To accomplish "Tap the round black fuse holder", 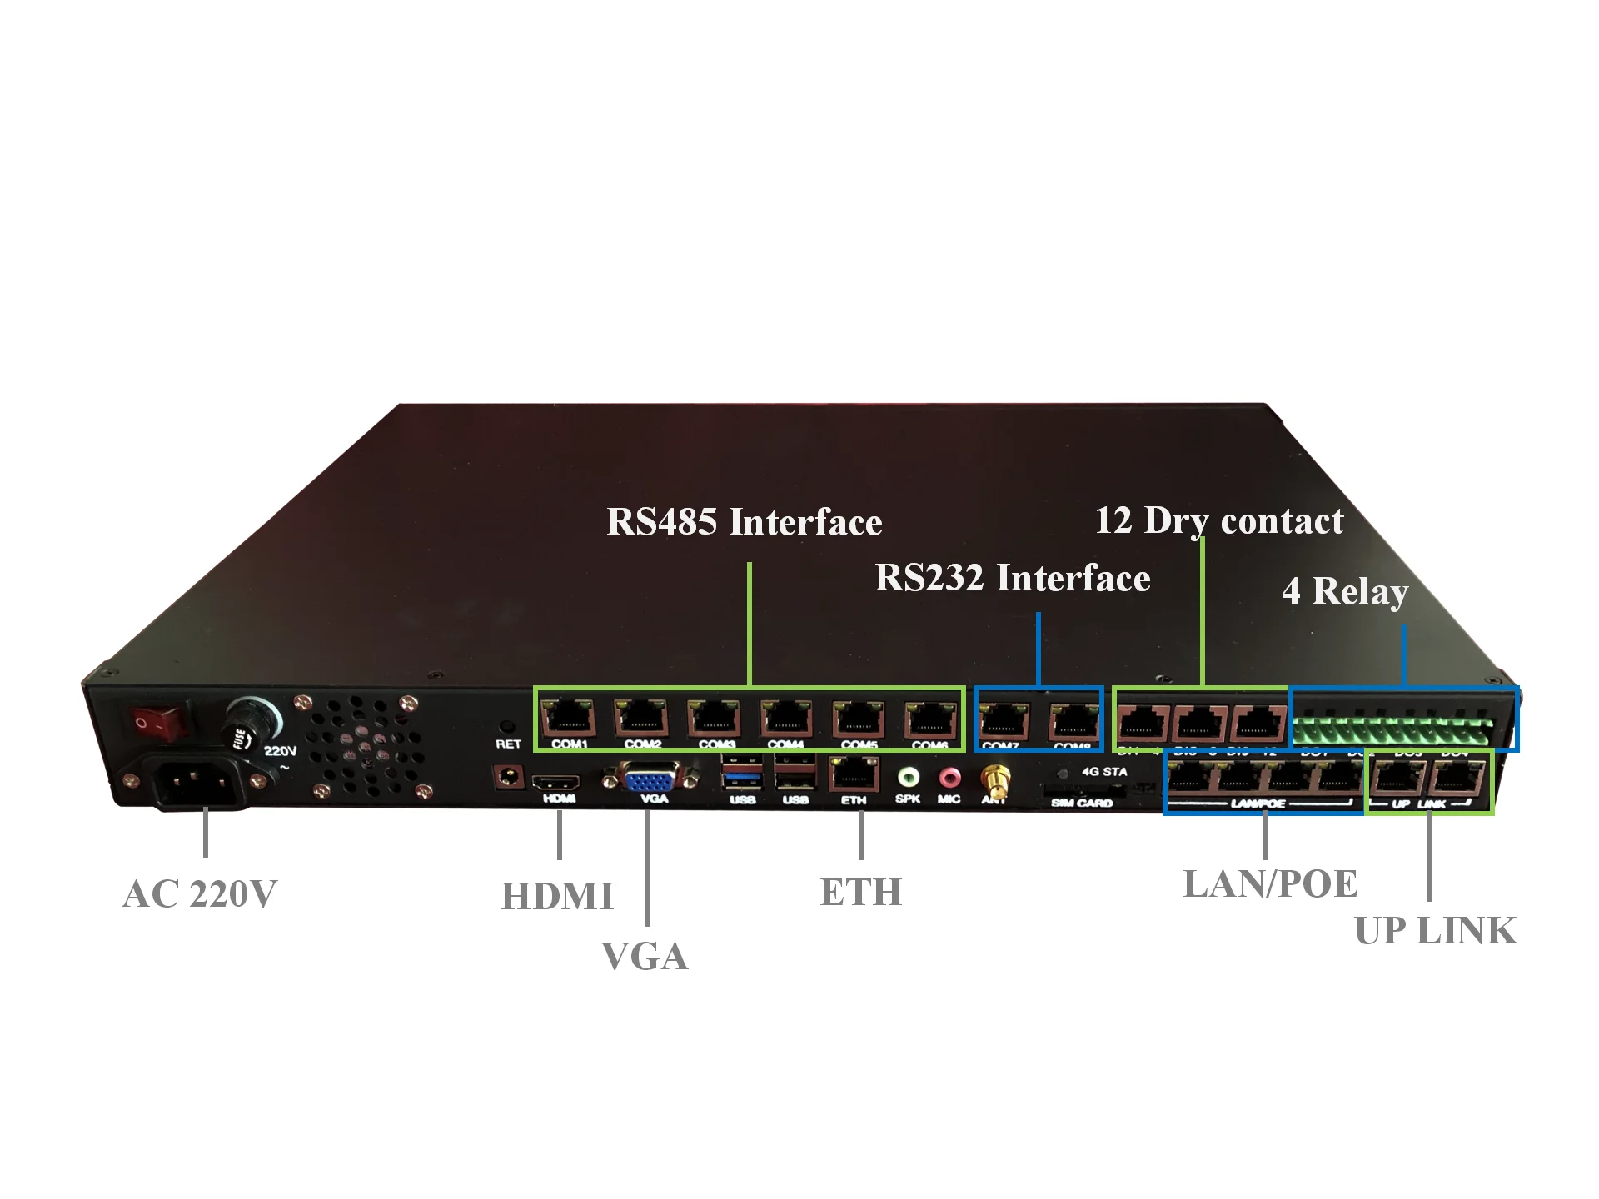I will (252, 721).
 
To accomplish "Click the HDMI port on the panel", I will (556, 783).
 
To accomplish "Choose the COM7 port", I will (1003, 720).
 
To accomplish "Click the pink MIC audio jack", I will (949, 779).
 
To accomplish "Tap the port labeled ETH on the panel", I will (853, 776).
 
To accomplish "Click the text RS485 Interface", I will (744, 523).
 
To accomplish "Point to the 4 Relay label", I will (1344, 591).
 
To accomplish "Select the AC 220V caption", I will (199, 894).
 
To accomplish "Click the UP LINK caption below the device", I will (1436, 931).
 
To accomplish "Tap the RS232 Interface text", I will (1012, 578).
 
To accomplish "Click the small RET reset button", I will (506, 726).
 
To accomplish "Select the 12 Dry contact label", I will (1218, 521).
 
